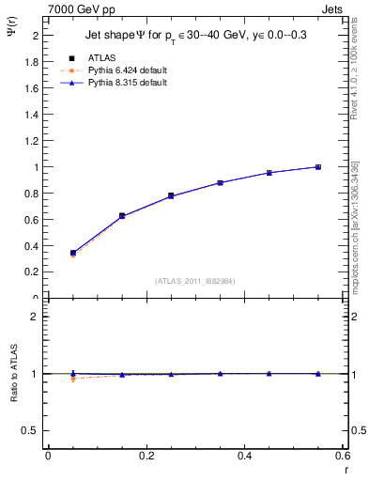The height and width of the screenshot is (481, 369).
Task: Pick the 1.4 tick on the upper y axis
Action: [x=32, y=115]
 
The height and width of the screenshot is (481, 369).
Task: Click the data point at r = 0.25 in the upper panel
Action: [x=171, y=195]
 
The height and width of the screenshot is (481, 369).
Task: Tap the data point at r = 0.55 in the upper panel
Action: [x=318, y=167]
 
